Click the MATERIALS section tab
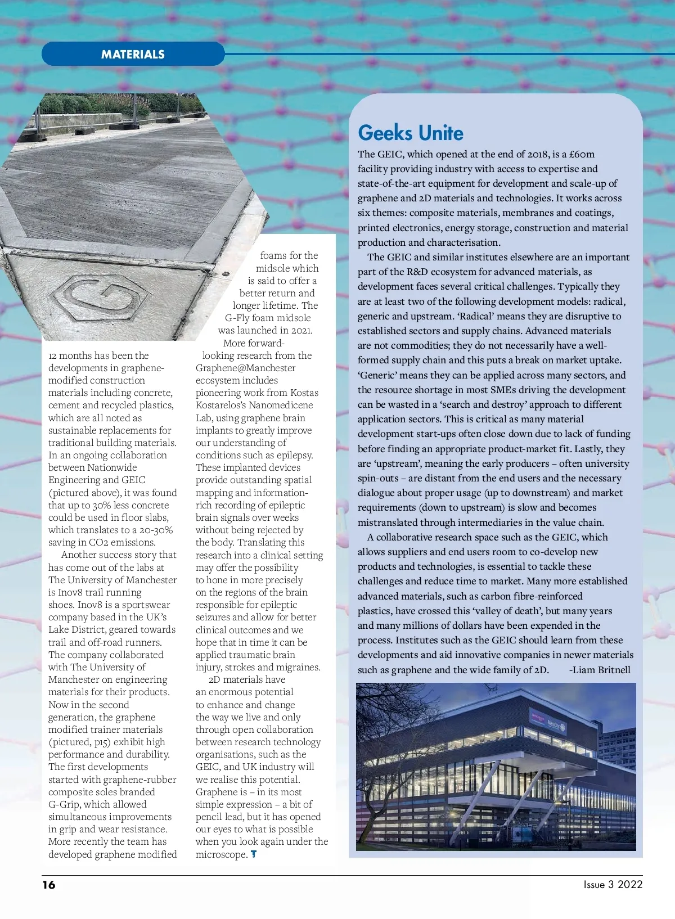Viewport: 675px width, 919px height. click(133, 55)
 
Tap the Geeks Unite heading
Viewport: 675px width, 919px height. click(411, 133)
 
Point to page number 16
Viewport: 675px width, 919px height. click(49, 885)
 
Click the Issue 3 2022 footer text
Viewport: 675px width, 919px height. click(613, 884)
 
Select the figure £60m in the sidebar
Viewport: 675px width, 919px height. click(582, 154)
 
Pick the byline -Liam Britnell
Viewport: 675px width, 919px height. click(600, 670)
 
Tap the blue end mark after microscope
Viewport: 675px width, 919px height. click(254, 854)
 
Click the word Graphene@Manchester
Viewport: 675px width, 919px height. click(245, 368)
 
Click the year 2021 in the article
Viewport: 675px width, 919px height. click(301, 330)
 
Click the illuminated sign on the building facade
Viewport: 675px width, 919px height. click(548, 722)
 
